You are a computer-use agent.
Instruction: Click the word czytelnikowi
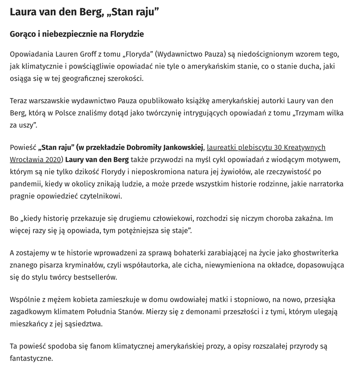click(x=101, y=196)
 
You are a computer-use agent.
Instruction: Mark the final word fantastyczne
click(x=31, y=358)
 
